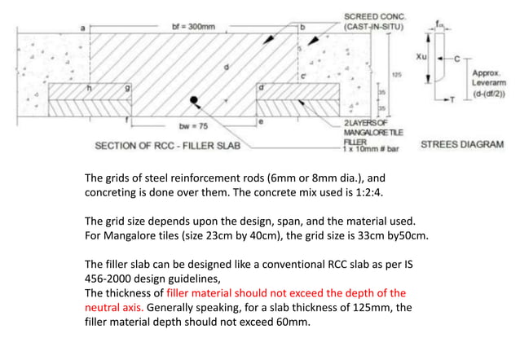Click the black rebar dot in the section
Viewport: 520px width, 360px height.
(194, 101)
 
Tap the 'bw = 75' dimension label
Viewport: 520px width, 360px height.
(195, 126)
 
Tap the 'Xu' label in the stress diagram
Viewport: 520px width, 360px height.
(421, 57)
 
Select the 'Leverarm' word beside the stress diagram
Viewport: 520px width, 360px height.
(487, 84)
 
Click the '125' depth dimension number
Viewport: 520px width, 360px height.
(397, 74)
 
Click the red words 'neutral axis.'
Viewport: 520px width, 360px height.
(115, 309)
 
